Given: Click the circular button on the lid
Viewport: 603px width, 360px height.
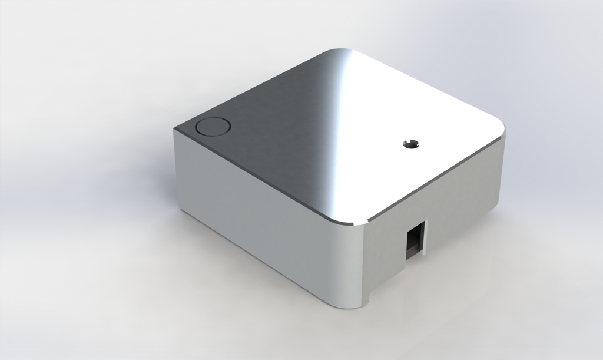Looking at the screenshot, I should (213, 127).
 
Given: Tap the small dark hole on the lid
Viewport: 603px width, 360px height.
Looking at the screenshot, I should (411, 143).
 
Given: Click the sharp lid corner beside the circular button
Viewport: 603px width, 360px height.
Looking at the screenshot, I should (177, 129).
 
